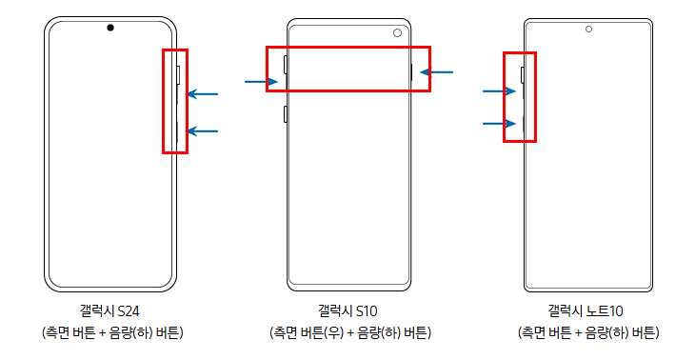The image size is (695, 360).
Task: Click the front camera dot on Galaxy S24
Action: tap(110, 28)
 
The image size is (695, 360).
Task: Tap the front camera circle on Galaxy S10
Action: tap(397, 32)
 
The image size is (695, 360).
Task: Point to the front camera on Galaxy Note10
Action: tap(588, 30)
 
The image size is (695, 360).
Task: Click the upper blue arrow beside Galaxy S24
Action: tap(202, 94)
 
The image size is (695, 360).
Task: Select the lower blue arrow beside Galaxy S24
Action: tap(202, 131)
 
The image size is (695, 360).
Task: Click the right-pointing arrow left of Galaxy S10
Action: tap(262, 82)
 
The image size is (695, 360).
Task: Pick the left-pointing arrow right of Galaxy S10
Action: tap(437, 71)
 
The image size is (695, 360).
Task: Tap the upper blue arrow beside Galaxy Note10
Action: tap(499, 91)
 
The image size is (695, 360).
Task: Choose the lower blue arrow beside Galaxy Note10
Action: tap(499, 123)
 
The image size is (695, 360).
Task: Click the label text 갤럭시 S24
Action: tap(109, 310)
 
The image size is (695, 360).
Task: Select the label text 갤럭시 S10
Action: tap(347, 310)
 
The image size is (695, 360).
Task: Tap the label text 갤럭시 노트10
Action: tap(586, 310)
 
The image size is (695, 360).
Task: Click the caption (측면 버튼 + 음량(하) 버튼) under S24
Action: tap(112, 332)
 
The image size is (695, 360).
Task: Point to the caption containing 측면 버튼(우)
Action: tap(350, 332)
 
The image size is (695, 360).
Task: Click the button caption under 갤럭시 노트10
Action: tap(588, 332)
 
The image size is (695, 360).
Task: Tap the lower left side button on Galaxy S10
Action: tap(286, 114)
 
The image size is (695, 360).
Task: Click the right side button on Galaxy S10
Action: tap(412, 72)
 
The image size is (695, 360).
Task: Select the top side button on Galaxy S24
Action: tap(178, 75)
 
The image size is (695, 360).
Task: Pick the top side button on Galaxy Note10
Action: tap(523, 75)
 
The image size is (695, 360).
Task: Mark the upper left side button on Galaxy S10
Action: tap(286, 65)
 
